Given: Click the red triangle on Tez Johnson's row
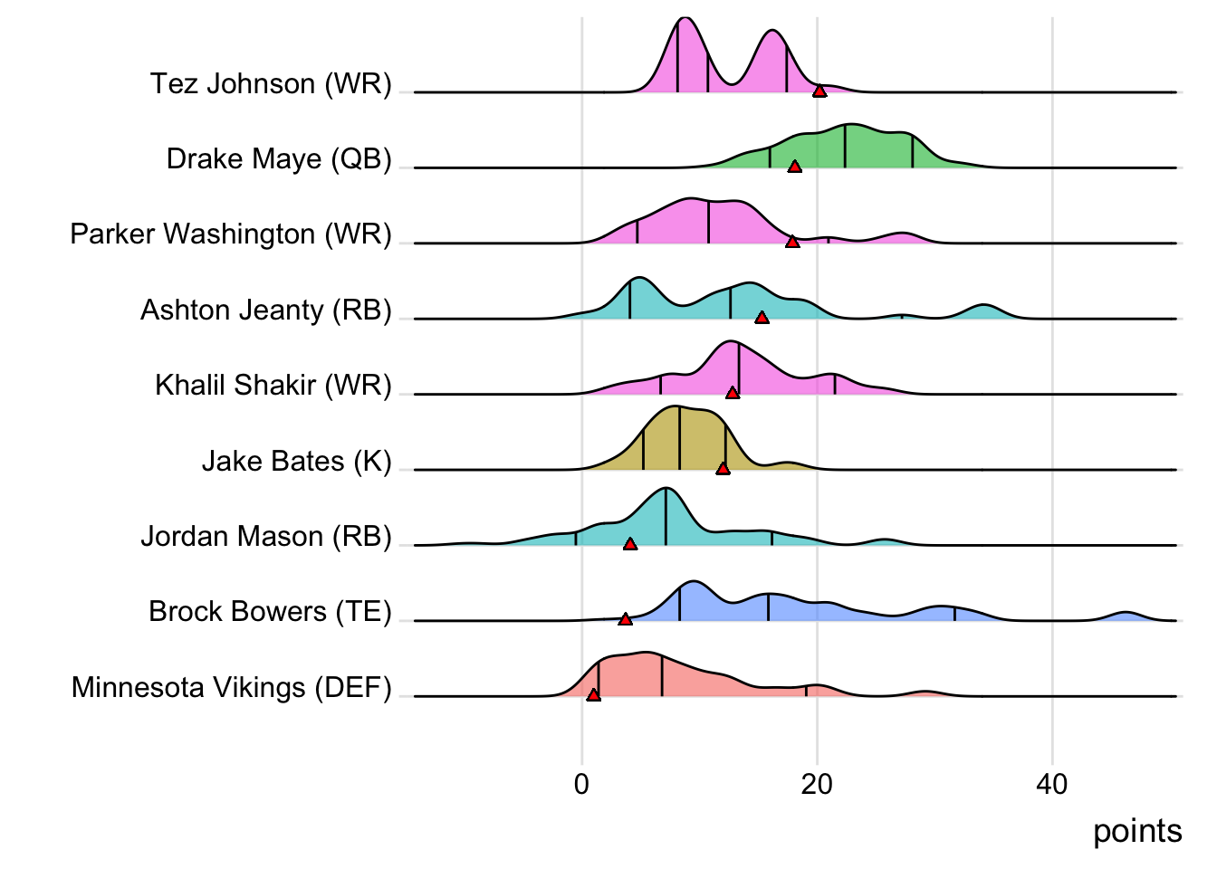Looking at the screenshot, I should (819, 91).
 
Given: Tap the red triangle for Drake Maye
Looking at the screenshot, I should (794, 167).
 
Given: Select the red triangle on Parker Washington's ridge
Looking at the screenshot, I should (792, 242).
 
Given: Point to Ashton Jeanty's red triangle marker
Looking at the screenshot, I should (762, 318).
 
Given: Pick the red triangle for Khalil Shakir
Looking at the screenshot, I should (732, 393).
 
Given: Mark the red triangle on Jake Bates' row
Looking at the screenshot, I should (723, 468).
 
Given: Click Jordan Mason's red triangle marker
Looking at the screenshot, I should (630, 544).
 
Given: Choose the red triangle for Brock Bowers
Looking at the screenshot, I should (625, 619).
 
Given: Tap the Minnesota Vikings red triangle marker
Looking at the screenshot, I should (593, 695).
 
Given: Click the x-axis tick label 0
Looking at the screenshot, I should (581, 784).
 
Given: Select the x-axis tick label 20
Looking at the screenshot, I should (817, 784).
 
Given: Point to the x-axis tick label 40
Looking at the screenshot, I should (1052, 784).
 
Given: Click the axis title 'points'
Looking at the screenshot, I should (1137, 831).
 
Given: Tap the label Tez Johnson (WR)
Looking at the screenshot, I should (271, 84).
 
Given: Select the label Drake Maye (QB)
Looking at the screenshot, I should (279, 159).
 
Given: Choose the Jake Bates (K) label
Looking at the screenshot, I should (296, 462).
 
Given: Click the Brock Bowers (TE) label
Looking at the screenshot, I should (270, 612).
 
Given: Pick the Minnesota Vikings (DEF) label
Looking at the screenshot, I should (232, 688).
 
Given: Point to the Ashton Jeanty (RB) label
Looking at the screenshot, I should (266, 310).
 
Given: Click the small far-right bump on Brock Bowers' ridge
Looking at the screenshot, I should (1126, 616).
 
